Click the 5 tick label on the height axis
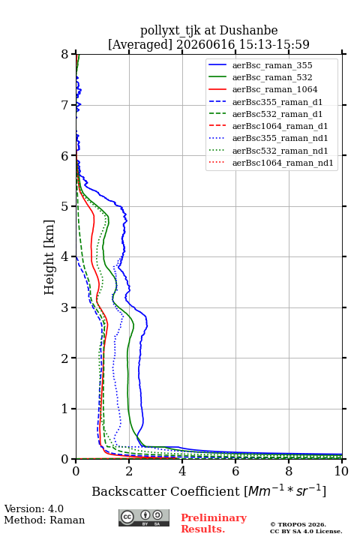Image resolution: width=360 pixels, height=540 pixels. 65,206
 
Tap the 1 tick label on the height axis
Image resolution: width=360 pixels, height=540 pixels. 65,409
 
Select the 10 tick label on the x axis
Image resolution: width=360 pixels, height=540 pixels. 341,471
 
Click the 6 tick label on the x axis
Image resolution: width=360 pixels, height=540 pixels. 235,471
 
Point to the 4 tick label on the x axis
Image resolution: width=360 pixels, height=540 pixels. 182,471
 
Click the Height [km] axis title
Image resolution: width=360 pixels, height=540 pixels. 49,257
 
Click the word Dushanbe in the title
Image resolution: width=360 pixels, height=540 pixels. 249,30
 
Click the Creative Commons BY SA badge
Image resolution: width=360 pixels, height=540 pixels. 144,517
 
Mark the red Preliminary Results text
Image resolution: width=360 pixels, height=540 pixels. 214,523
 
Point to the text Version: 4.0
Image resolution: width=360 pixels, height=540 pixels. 34,508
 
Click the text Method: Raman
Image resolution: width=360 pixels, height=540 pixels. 44,520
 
